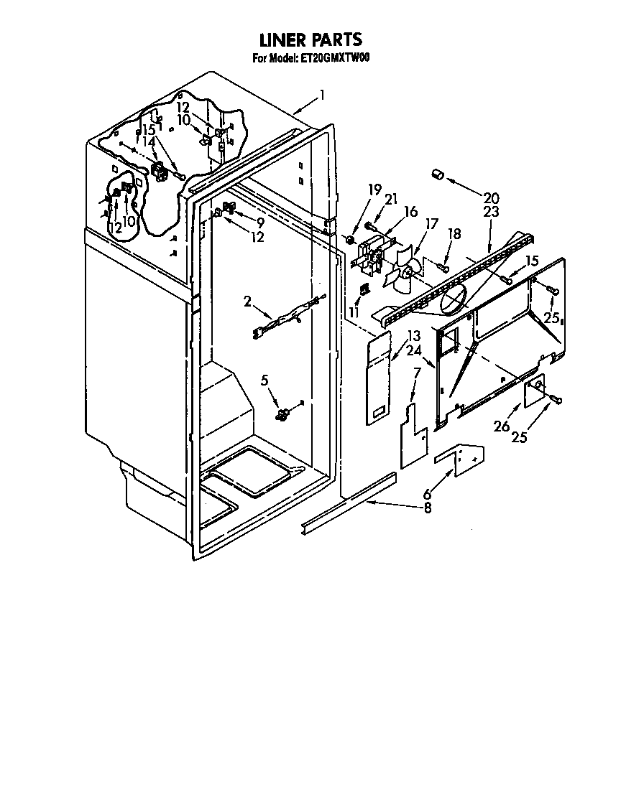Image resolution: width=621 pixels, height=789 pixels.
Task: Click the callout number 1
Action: click(323, 94)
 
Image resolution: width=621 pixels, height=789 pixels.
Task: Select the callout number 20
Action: click(492, 198)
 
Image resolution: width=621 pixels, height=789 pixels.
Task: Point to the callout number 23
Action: click(492, 212)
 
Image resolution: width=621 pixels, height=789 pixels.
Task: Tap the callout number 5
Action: click(265, 380)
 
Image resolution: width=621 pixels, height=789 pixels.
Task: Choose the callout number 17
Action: click(431, 223)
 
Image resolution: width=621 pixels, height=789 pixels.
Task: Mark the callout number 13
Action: click(413, 336)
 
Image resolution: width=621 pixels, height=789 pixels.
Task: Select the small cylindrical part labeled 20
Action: click(436, 174)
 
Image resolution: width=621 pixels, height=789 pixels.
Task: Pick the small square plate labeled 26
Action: click(535, 393)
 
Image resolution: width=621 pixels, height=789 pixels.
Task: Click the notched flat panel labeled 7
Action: click(413, 436)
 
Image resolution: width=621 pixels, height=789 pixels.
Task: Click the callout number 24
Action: click(413, 351)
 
